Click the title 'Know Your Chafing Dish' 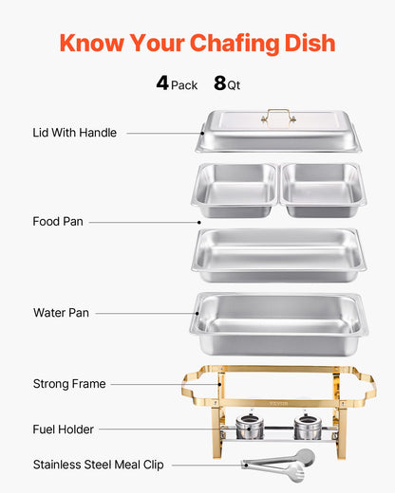(197, 43)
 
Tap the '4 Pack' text (177, 83)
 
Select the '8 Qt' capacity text (227, 83)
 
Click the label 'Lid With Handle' (74, 133)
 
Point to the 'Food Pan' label (58, 221)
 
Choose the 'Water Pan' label (61, 312)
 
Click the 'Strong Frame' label (68, 384)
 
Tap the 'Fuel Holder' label (63, 429)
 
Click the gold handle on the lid (278, 116)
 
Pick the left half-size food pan (235, 190)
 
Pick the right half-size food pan (323, 190)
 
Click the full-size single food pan (278, 253)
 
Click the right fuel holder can (307, 428)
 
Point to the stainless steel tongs (277, 462)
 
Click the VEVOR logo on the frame (278, 402)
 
